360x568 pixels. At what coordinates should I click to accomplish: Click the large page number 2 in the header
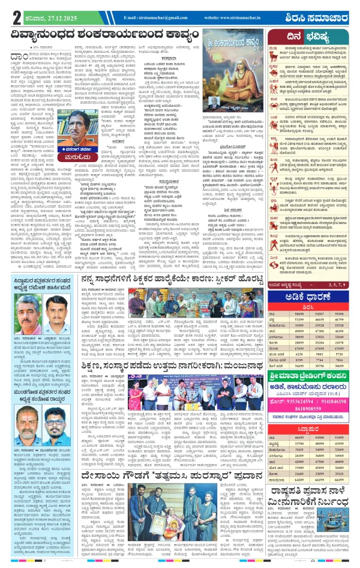pyautogui.click(x=8, y=17)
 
